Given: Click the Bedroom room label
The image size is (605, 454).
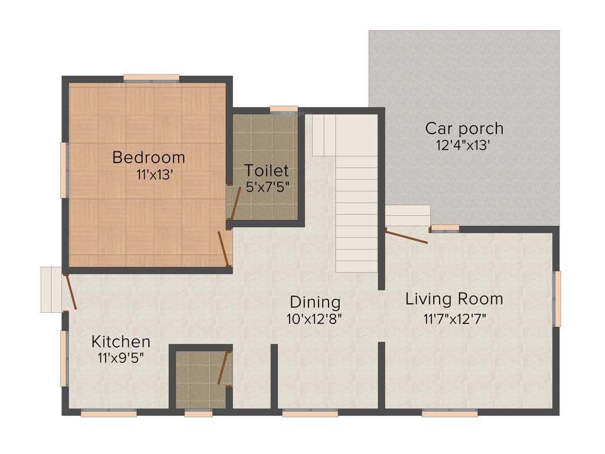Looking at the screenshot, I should [148, 158].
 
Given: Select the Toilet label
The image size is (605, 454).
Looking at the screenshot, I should [266, 171].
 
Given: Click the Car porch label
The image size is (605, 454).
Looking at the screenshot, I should [464, 128].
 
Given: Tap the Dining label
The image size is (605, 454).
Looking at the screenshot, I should [314, 302].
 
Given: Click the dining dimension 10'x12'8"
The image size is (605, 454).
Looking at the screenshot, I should [314, 318].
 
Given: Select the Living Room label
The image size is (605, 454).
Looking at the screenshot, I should [454, 299].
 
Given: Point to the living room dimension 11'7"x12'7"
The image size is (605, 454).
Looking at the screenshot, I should [454, 319].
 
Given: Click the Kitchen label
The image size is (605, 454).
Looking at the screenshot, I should [121, 342].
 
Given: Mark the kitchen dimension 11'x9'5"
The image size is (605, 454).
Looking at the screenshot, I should [121, 357].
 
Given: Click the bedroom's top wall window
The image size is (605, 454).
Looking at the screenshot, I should [151, 77].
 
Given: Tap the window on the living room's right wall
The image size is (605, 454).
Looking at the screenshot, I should [557, 299].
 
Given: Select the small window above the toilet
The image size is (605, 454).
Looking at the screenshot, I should [284, 109].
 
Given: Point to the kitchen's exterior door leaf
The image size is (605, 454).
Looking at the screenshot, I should [70, 292].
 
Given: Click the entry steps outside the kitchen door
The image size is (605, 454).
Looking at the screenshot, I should [51, 289].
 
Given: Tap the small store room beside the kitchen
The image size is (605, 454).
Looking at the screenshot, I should [200, 378].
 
